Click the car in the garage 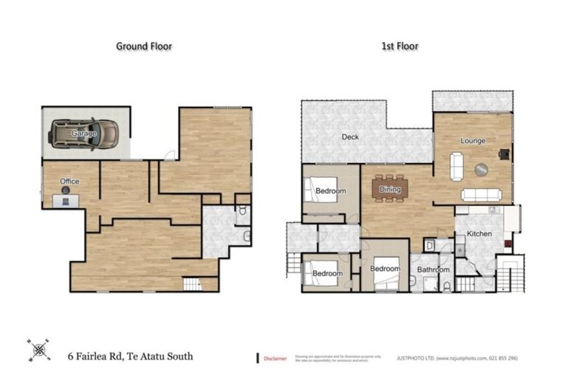tap(84, 134)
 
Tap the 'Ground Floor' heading tap(144, 46)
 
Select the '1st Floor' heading tap(399, 46)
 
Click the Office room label tap(69, 182)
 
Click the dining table tap(390, 188)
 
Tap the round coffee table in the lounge tap(481, 169)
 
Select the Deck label tap(350, 137)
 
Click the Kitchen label tap(479, 234)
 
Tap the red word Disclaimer tap(275, 358)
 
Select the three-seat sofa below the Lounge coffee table tap(481, 195)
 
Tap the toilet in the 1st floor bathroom tap(447, 286)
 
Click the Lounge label tap(472, 141)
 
